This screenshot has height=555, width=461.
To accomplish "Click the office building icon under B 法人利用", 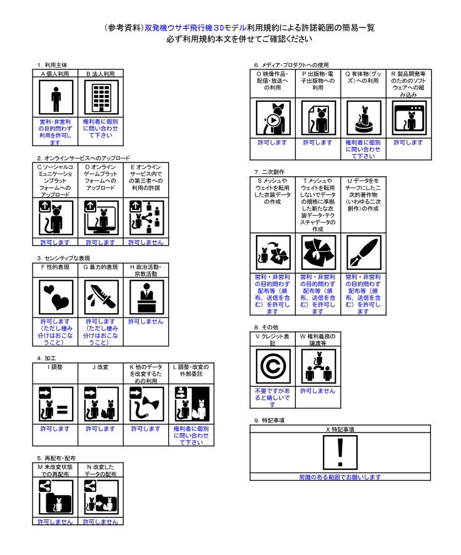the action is [x=101, y=97].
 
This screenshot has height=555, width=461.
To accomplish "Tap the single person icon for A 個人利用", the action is [x=56, y=97].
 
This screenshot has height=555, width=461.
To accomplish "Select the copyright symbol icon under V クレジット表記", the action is [x=273, y=366].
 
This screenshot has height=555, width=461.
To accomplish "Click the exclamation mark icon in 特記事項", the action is [x=340, y=452].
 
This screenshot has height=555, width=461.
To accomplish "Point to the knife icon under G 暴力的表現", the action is [x=101, y=297].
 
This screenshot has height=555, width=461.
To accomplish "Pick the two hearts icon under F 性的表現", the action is [x=56, y=297].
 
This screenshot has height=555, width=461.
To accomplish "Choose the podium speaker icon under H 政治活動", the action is [x=147, y=297].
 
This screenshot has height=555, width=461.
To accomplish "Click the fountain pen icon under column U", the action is [x=364, y=252].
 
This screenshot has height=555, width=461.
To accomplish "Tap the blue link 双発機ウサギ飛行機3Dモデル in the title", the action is [x=195, y=27].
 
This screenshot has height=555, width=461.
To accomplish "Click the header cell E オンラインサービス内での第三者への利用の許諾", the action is [x=146, y=180].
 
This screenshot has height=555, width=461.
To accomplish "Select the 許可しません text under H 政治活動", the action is [x=146, y=321].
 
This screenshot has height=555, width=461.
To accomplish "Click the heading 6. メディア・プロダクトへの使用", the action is [x=291, y=65].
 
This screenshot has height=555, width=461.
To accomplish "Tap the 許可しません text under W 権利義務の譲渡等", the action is [x=318, y=391].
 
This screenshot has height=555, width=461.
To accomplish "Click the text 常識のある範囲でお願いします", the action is [x=340, y=477].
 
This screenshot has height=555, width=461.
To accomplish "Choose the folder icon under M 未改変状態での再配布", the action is [x=56, y=497].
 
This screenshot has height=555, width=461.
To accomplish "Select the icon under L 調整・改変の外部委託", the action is [x=192, y=404].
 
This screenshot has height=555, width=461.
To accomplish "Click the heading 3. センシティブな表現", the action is [x=63, y=258].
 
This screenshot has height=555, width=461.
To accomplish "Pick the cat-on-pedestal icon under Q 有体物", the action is [x=364, y=118].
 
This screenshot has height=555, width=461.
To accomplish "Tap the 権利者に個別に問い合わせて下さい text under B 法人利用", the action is [x=101, y=129].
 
